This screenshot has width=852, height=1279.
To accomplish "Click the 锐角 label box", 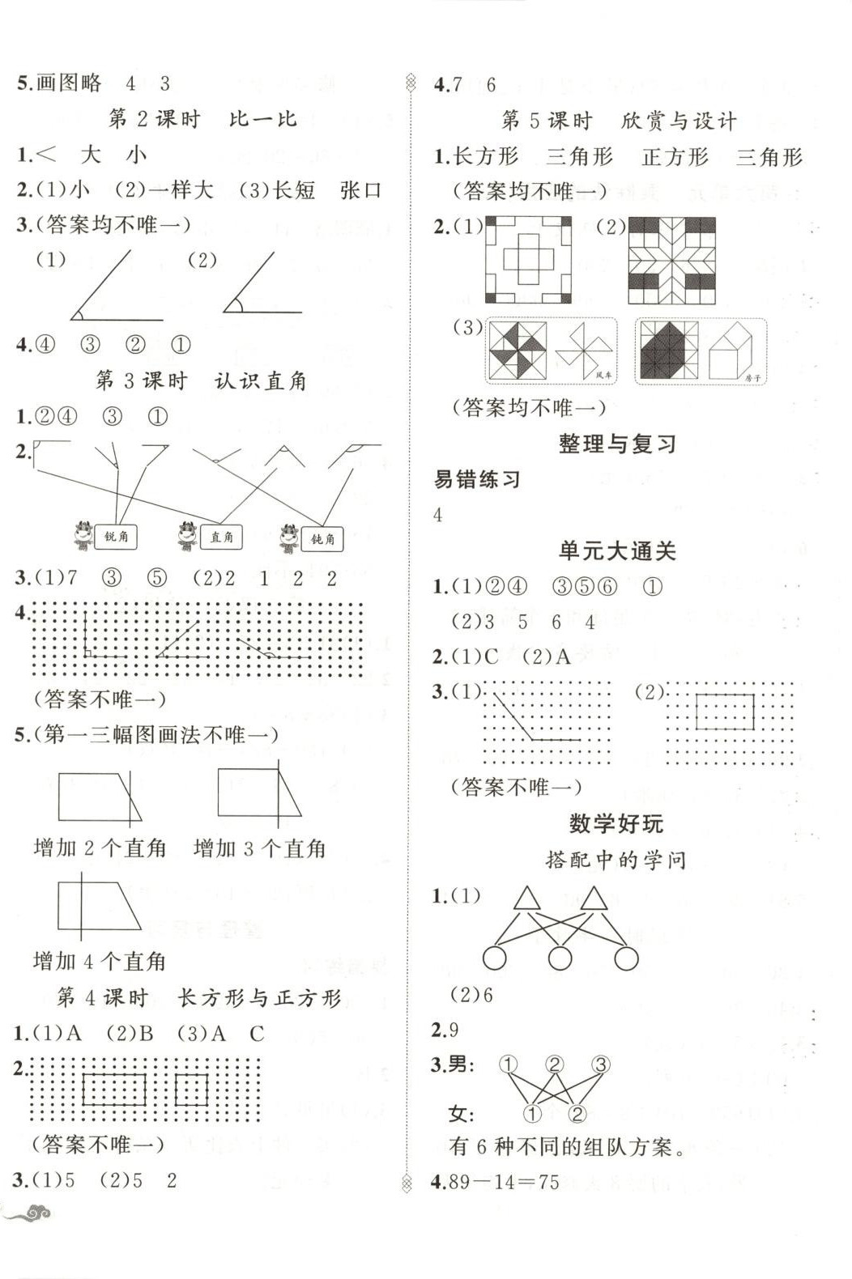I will tap(117, 537).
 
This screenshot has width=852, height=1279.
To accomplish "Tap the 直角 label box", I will tap(221, 537).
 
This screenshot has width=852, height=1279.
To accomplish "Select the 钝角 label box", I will tap(322, 538).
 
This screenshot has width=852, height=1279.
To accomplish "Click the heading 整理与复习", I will tap(616, 444).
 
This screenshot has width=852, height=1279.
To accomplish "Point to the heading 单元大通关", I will tap(616, 551).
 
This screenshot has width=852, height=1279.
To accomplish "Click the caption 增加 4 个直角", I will tap(100, 962).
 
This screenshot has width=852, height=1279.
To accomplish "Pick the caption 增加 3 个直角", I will tap(259, 848).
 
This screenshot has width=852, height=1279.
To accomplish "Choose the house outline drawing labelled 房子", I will tap(734, 351).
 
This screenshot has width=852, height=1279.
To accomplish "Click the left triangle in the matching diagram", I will tap(526, 898).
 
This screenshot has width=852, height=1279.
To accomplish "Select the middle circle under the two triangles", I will tap(560, 959).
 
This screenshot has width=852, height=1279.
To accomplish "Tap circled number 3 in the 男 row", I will tap(600, 1064).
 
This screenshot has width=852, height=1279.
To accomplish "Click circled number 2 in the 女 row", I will tap(577, 1114).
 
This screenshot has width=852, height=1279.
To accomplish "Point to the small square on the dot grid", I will tap(191, 1089).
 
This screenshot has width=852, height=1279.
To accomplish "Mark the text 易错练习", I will tap(477, 479).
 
